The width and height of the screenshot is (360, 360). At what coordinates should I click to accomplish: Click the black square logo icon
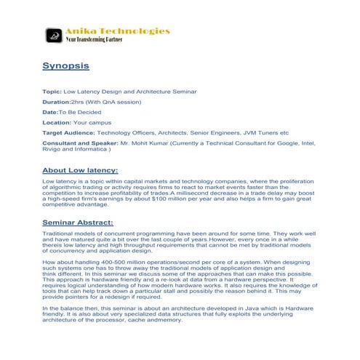pos(53,35)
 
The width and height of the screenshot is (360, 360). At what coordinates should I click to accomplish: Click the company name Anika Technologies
pos(118,31)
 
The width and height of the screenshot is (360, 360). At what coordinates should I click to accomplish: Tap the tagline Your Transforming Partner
pos(95,40)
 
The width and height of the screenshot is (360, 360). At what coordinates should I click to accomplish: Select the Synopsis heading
pos(66,66)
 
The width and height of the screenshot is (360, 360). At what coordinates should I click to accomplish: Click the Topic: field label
pos(52,92)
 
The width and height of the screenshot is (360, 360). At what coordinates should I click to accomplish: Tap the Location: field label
pos(57,123)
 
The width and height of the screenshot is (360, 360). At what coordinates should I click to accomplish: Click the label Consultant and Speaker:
pos(81,144)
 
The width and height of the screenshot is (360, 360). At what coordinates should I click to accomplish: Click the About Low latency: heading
pos(86,170)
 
